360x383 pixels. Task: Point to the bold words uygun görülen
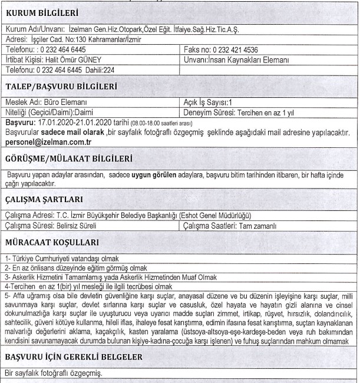(x=150, y=174)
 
